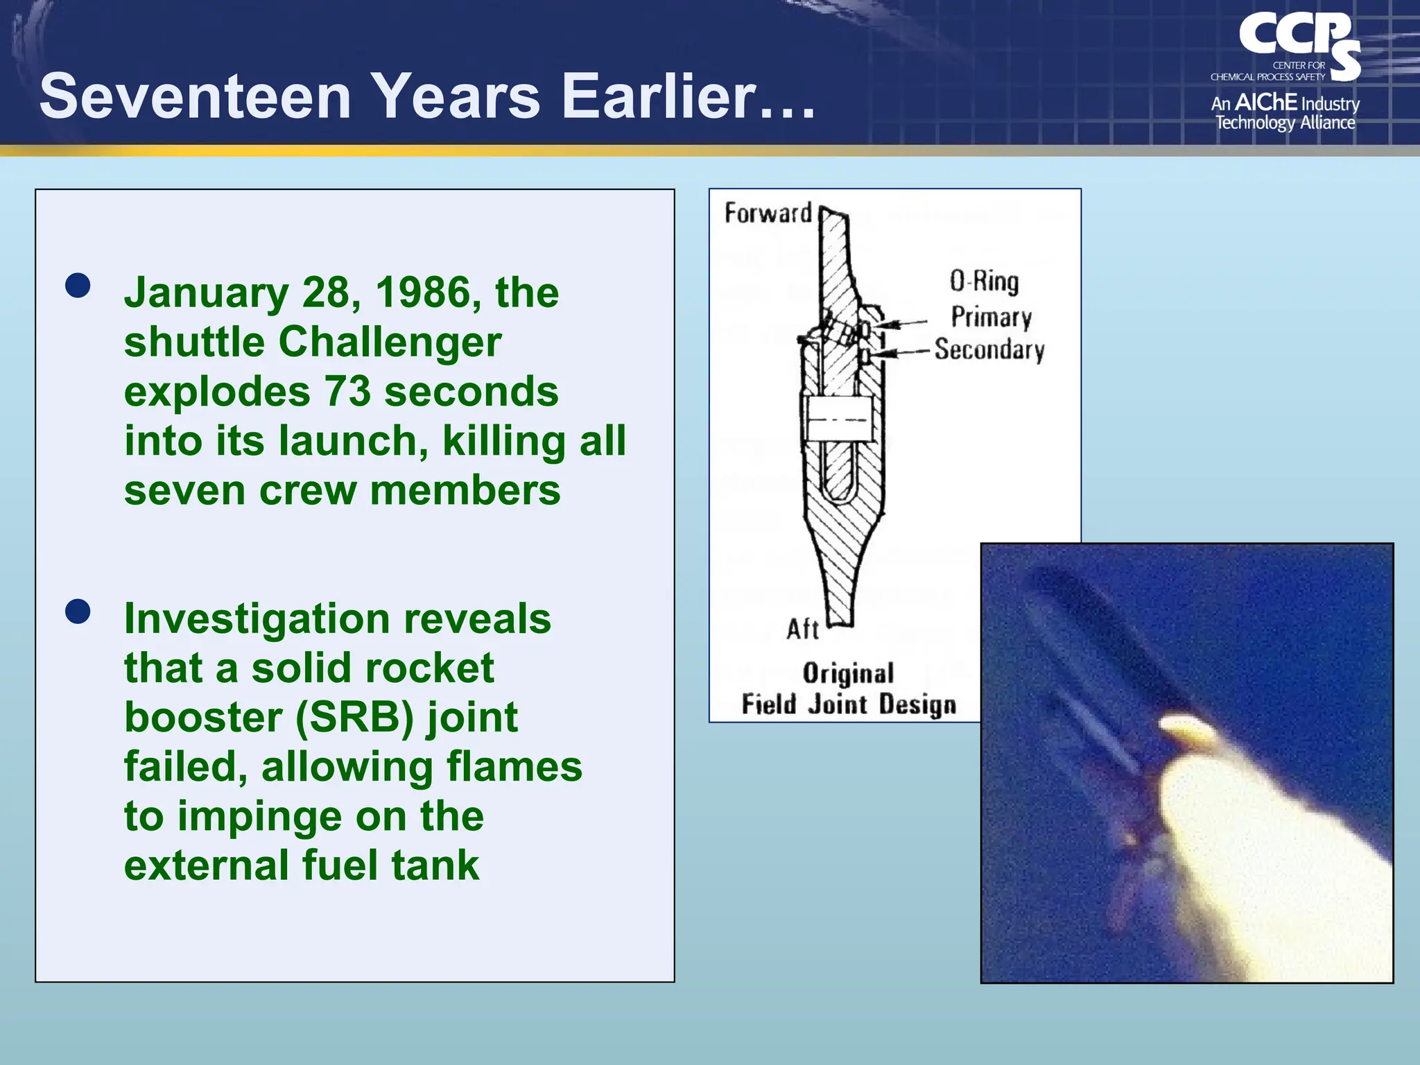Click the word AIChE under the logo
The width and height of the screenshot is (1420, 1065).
coord(1265,103)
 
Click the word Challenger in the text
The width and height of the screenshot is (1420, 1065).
coord(390,342)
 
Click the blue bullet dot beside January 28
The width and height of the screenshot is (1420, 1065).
coord(78,285)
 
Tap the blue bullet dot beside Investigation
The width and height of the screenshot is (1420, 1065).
coord(78,612)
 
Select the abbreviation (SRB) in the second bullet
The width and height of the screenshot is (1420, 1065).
coord(354,718)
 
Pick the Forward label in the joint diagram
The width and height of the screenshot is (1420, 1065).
coord(768,213)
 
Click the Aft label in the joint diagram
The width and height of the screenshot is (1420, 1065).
coord(802,630)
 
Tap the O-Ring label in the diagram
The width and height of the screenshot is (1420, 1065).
coord(984,282)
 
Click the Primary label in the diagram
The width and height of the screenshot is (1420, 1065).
coord(991,317)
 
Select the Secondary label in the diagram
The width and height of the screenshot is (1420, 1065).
coord(989,349)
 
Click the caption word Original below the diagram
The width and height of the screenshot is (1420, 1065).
coord(848,673)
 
